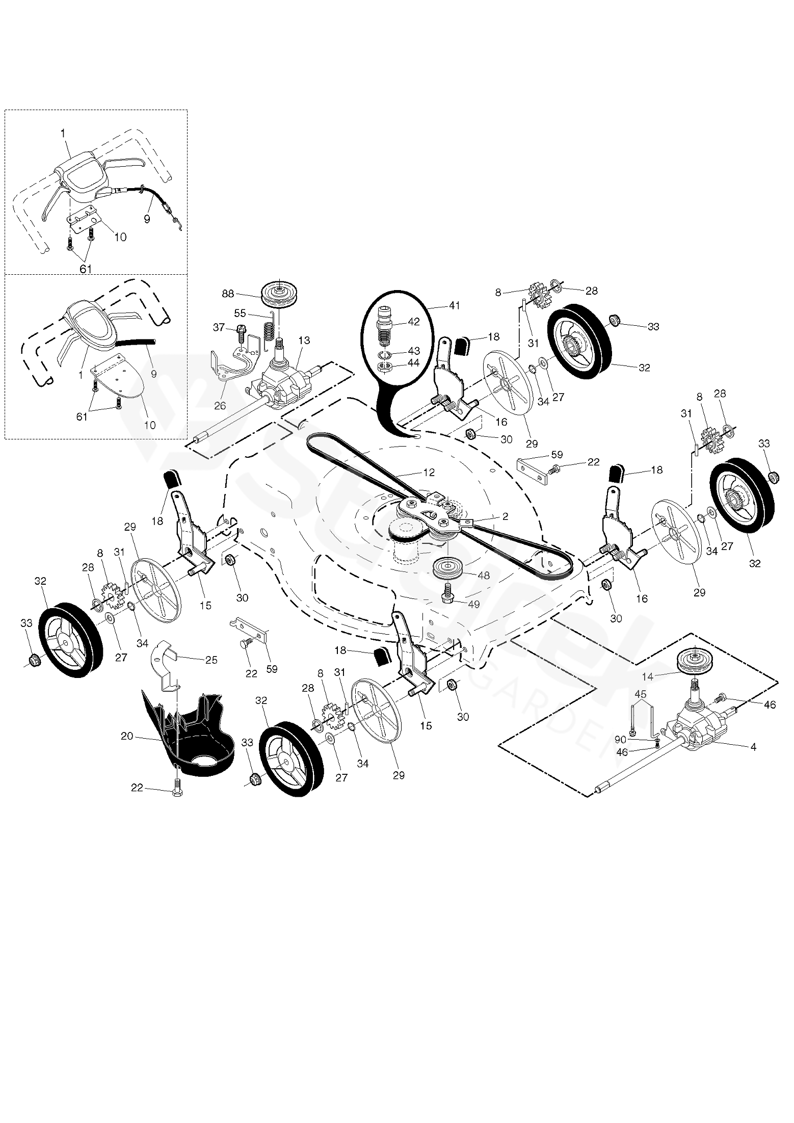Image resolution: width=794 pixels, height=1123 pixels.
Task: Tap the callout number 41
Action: pos(455,306)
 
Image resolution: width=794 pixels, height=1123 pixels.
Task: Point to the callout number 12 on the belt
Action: pos(429,473)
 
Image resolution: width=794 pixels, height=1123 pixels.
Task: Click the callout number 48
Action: pos(483,575)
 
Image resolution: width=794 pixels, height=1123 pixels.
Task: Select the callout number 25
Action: pos(211,660)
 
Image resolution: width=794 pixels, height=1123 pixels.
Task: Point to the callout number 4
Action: pos(753,747)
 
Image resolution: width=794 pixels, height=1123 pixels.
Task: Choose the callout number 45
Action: pos(641,694)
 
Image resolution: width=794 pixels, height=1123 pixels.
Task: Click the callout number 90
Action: pos(620,739)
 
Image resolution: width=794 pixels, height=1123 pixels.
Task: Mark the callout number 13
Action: pos(304,340)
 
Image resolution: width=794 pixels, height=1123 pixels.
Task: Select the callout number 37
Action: pos(219,327)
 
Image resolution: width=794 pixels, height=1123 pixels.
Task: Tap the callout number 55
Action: pos(240,312)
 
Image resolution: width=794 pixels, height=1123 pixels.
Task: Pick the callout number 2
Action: pos(505,516)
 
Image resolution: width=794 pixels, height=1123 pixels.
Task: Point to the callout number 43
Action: pos(414,352)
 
